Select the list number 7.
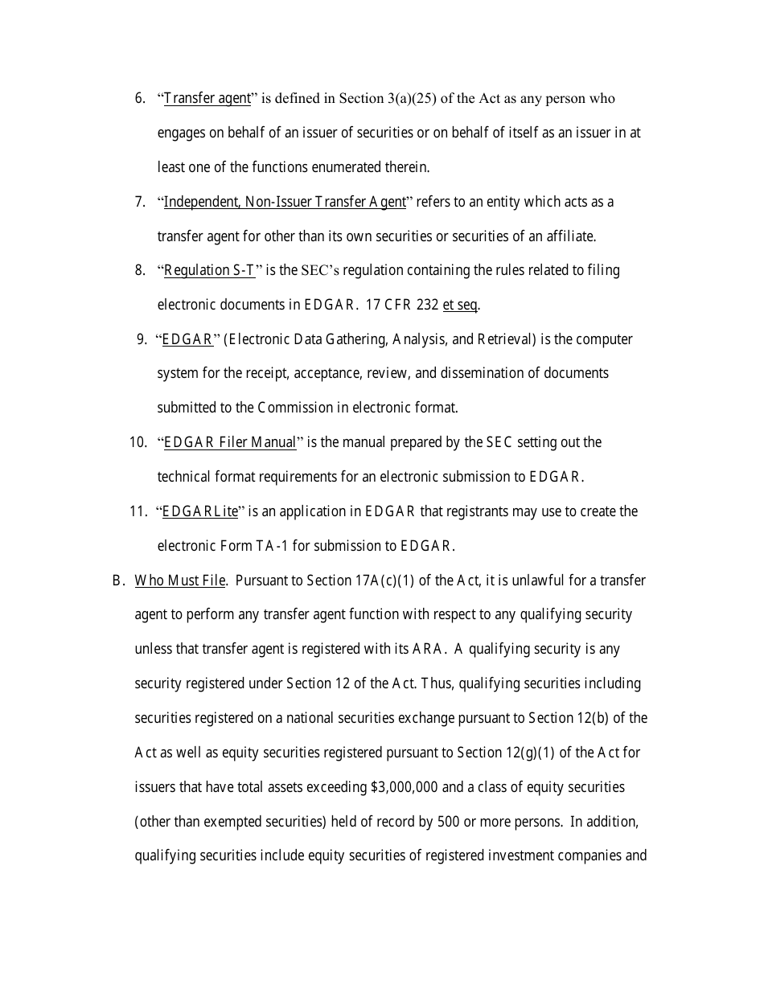pyautogui.click(x=140, y=202)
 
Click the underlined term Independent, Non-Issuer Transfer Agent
pyautogui.click(x=285, y=202)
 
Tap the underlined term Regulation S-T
pyautogui.click(x=209, y=271)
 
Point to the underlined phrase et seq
pyautogui.click(x=460, y=306)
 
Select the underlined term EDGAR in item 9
pyautogui.click(x=187, y=339)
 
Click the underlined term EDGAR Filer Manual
pyautogui.click(x=230, y=443)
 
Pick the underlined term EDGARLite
pyautogui.click(x=200, y=511)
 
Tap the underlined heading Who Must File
pyautogui.click(x=180, y=581)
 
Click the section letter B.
pyautogui.click(x=117, y=581)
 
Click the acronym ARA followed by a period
pyautogui.click(x=427, y=650)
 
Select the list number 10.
pyautogui.click(x=138, y=443)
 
